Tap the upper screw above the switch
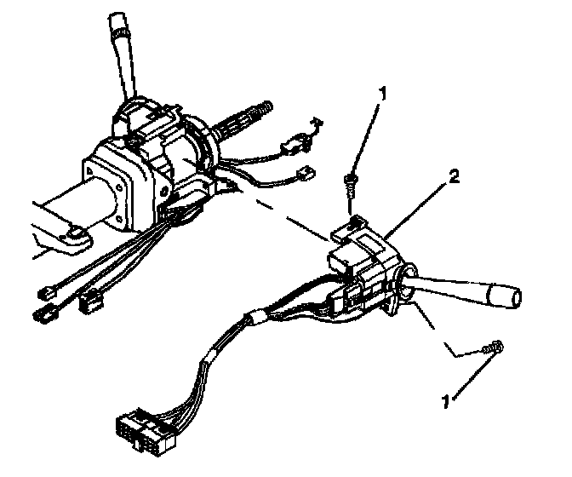(x=351, y=178)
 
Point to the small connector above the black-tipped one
(x=49, y=292)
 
